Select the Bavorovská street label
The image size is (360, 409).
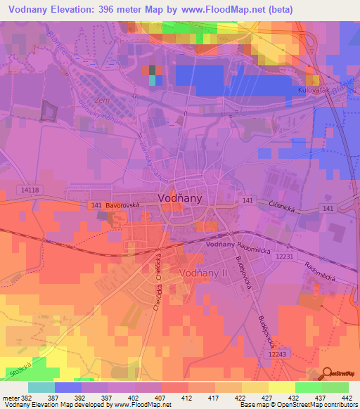point(124,205)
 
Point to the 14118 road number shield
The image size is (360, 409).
point(30,189)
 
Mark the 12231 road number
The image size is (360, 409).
point(284,257)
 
